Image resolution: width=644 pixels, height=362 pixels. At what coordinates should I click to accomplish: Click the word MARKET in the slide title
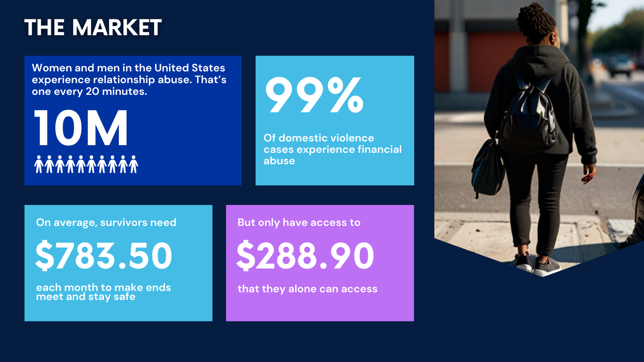click(117, 28)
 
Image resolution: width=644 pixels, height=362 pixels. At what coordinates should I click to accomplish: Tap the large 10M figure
click(81, 128)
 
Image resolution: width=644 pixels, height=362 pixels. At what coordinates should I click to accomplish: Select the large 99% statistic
click(314, 95)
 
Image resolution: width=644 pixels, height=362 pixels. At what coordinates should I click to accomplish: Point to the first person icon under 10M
click(39, 165)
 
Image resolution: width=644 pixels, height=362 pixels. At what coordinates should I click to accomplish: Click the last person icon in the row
click(133, 165)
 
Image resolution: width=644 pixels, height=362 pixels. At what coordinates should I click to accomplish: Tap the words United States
click(190, 68)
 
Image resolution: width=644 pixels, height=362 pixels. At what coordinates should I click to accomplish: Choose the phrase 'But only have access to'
click(299, 222)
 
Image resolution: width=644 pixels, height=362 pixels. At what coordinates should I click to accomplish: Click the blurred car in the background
click(621, 65)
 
